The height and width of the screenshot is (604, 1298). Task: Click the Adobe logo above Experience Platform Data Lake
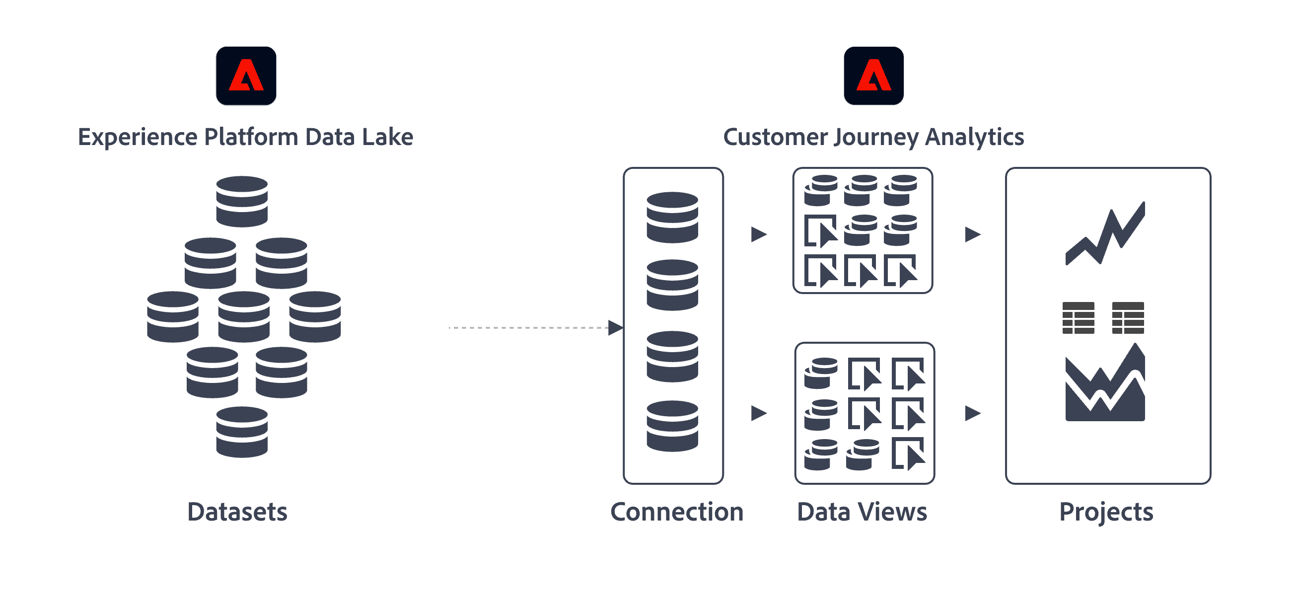(x=246, y=75)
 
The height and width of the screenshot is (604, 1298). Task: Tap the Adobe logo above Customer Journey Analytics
(x=873, y=75)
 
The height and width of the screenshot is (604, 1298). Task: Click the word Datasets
(x=237, y=512)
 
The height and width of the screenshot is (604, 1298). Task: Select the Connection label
(x=677, y=512)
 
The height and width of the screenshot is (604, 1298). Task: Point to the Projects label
(x=1106, y=512)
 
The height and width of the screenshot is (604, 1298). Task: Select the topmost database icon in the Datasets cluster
(x=242, y=201)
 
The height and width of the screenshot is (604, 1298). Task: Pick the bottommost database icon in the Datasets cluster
(x=242, y=432)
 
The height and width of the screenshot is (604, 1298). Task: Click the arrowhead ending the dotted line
(x=615, y=328)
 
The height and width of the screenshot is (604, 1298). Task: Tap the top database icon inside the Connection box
(x=672, y=217)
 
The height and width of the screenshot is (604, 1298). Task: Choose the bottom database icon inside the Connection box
(x=672, y=426)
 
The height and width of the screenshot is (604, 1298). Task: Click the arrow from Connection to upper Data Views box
(x=759, y=234)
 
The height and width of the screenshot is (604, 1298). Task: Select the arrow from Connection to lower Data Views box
(x=759, y=413)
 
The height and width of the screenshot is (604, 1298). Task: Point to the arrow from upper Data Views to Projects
(x=972, y=234)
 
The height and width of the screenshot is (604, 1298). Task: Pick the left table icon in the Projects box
(x=1079, y=317)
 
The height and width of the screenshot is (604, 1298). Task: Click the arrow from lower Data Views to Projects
(x=972, y=413)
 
